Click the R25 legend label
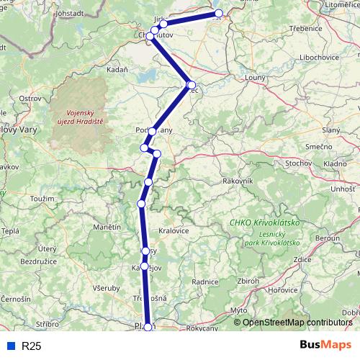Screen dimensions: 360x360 coord(31,346)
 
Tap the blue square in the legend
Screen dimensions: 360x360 coord(9,346)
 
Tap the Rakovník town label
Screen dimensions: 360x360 coord(238,180)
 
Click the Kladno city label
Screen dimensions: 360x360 coord(335,164)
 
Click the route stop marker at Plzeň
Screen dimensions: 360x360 coord(148,327)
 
